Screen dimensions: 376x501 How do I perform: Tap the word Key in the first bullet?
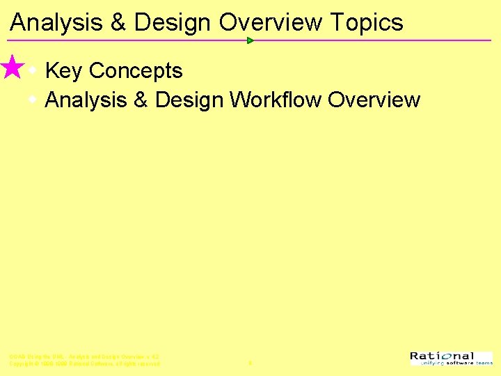point(63,71)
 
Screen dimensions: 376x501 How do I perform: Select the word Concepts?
point(136,71)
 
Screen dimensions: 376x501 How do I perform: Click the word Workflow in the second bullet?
point(276,100)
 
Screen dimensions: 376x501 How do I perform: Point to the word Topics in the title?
point(367,22)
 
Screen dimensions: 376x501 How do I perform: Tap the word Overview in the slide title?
point(271,22)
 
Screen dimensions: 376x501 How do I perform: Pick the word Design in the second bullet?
point(189,100)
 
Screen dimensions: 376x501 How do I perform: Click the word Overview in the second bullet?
point(374,100)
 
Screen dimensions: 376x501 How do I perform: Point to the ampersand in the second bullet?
point(140,100)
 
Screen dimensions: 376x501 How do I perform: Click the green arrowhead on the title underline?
point(250,40)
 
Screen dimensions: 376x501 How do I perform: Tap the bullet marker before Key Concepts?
point(32,70)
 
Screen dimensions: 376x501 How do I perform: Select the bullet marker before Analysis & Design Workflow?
point(32,100)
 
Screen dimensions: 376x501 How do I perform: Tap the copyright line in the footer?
point(84,364)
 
